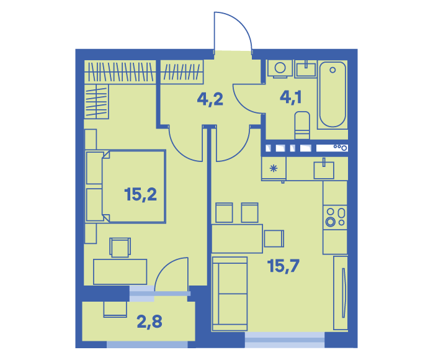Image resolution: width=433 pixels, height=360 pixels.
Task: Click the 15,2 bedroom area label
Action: tap(141, 194)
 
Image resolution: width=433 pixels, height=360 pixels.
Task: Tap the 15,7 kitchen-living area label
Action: tap(283, 266)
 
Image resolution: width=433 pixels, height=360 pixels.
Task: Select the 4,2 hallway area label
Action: tap(210, 99)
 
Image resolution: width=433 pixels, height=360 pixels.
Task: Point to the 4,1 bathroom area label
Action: tap(291, 97)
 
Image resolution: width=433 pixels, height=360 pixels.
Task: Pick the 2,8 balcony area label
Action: tap(150, 322)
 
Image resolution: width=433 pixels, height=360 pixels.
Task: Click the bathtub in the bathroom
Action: tap(333, 94)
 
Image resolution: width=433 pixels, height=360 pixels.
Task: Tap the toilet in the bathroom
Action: tap(302, 125)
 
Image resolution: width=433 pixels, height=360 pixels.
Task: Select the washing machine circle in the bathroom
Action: tap(280, 68)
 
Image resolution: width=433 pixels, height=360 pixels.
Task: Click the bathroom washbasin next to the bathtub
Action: tap(306, 69)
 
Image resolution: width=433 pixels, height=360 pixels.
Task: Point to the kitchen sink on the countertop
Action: tap(324, 169)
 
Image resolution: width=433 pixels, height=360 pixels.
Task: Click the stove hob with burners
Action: tap(335, 217)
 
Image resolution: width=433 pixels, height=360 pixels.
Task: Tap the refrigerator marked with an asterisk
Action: tap(274, 169)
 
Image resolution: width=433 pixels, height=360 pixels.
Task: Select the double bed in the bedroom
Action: tap(126, 186)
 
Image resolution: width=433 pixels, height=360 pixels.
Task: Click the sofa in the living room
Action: tap(230, 294)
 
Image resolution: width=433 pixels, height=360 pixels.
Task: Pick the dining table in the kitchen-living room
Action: tap(237, 238)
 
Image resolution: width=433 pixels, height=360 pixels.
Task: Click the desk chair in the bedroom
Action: tap(120, 247)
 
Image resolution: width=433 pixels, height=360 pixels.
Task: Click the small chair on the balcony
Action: tap(115, 309)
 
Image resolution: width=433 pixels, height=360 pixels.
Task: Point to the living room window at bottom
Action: tap(285, 340)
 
